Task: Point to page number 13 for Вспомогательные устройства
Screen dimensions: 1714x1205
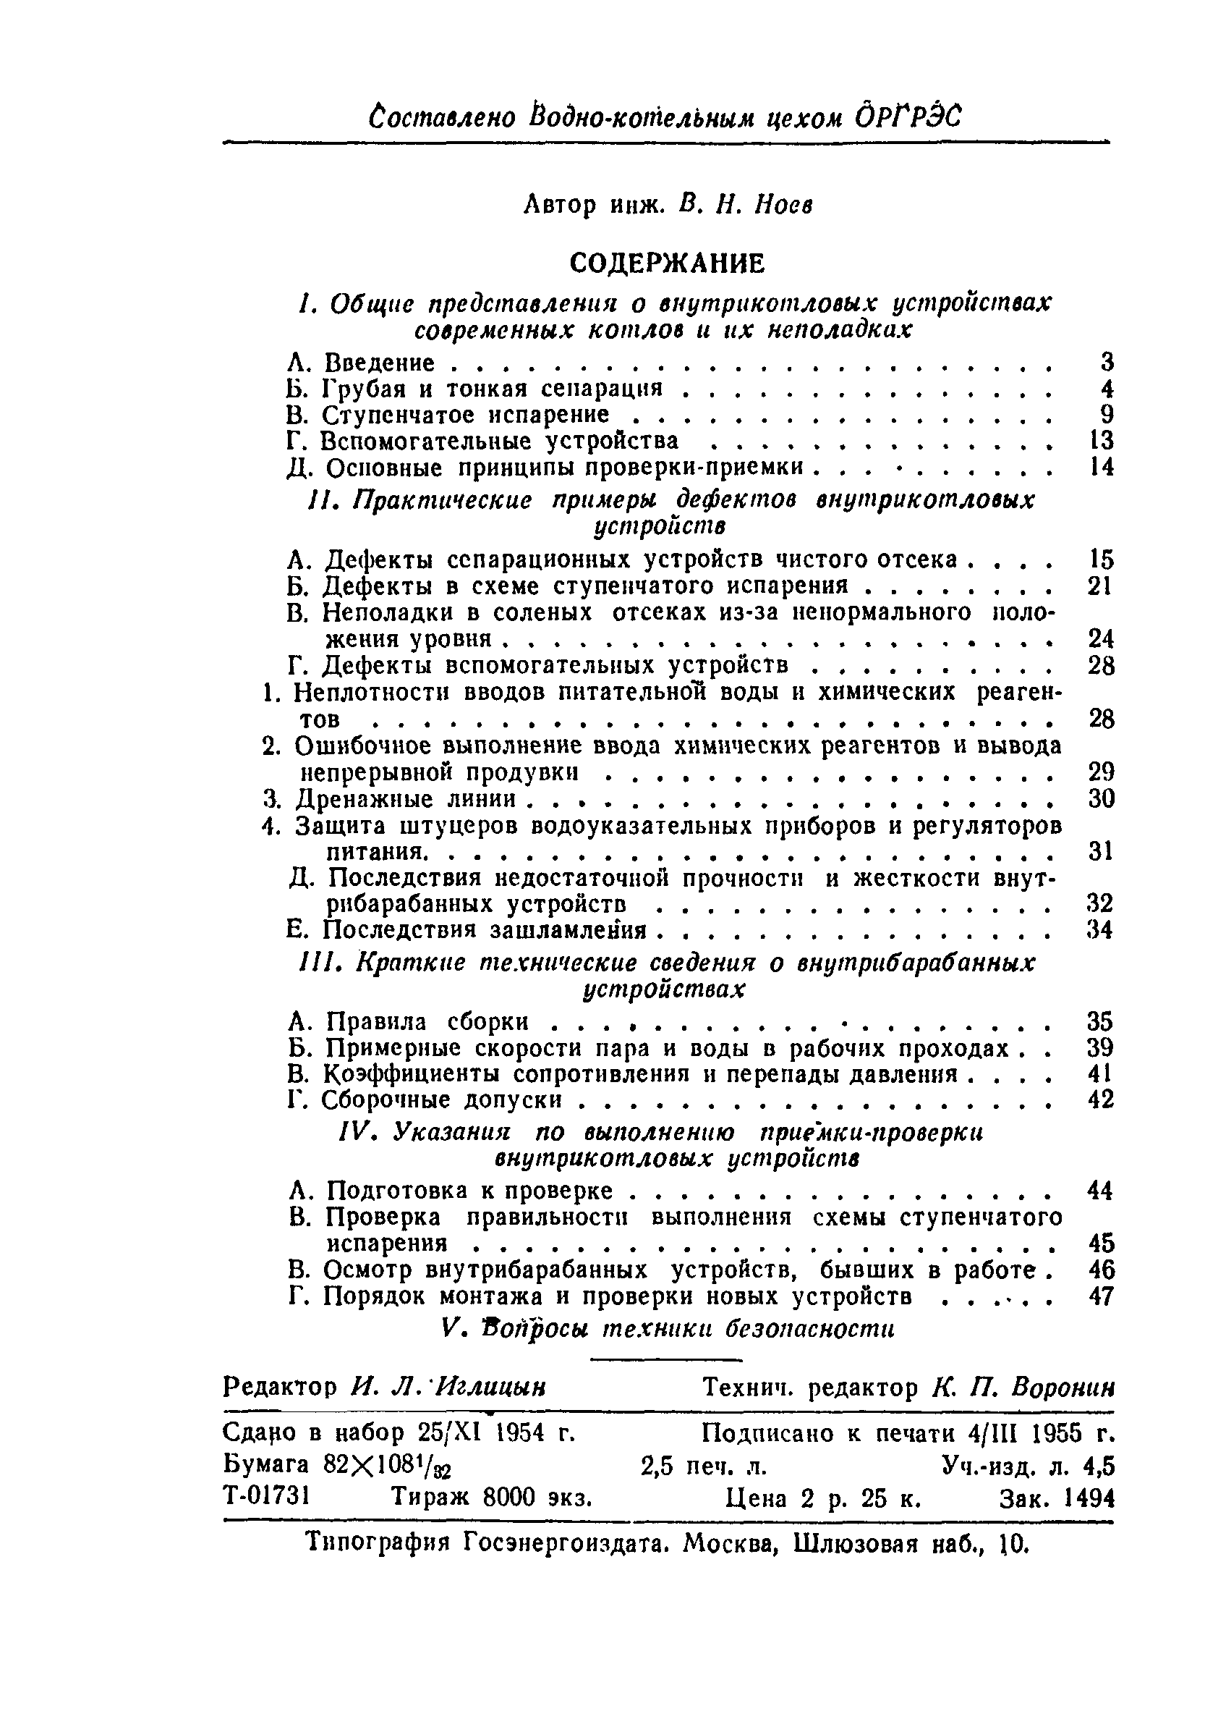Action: click(x=1102, y=441)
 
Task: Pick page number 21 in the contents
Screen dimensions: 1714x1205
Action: click(x=1101, y=586)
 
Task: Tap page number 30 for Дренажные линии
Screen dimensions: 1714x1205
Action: click(x=1101, y=799)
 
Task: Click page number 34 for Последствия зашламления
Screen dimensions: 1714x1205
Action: click(x=1101, y=929)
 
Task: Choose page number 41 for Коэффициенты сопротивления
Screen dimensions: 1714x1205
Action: click(x=1101, y=1073)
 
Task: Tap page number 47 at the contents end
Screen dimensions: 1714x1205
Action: click(x=1101, y=1295)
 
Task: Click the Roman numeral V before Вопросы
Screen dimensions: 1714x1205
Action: click(x=448, y=1329)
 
